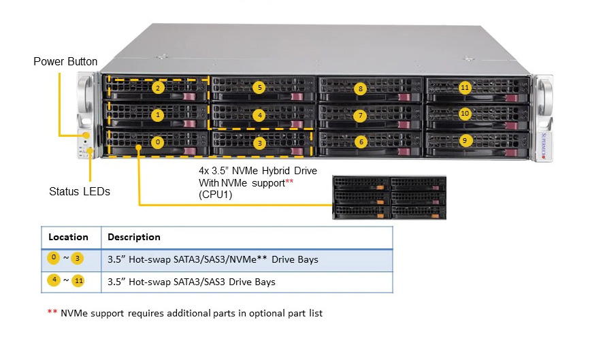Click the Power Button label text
pos(65,62)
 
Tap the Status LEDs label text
pos(80,191)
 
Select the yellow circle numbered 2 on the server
pos(158,88)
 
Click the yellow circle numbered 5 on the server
pos(260,88)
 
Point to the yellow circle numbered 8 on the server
pos(361,88)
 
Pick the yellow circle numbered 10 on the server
pos(465,114)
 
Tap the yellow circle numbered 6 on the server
pos(361,142)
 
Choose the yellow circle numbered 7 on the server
pos(360,116)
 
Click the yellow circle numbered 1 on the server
pos(157,115)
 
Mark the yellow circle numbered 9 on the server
pos(465,141)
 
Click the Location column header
pos(68,237)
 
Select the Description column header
pos(134,237)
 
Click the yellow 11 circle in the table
pos(78,280)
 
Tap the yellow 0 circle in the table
pos(53,258)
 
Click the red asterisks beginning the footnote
pos(52,312)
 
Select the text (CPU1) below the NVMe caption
pos(216,195)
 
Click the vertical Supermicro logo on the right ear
pos(544,146)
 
